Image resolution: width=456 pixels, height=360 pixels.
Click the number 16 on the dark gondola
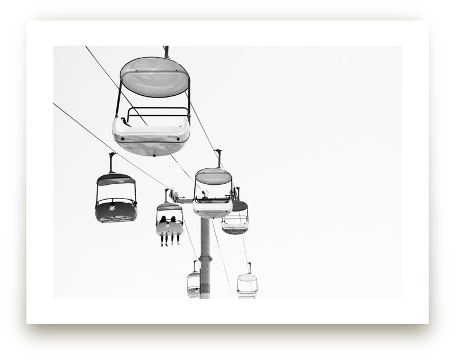click(112, 208)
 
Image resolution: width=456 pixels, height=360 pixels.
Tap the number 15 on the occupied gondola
click(167, 225)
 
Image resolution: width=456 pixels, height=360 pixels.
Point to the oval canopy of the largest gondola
click(154, 76)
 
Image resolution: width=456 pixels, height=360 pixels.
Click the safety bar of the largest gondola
click(157, 109)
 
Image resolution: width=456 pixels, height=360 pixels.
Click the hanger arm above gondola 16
click(112, 162)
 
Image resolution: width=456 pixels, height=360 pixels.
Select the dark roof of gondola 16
click(116, 179)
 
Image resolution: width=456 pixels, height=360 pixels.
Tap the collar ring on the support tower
click(205, 259)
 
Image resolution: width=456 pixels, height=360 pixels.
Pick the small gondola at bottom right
click(247, 285)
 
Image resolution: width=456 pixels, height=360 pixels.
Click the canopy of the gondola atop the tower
click(213, 176)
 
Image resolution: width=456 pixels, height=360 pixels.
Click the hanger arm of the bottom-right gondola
click(249, 268)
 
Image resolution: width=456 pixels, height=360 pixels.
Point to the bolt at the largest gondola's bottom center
click(152, 152)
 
